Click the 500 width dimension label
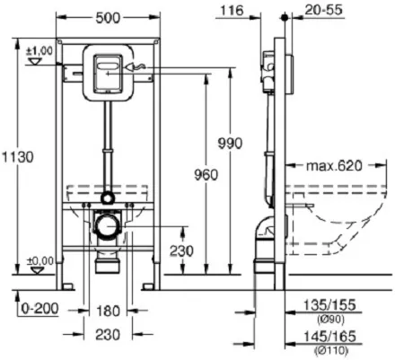108,18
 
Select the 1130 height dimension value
18,157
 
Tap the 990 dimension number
230,144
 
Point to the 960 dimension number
206,175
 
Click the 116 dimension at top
232,11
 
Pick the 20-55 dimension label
323,10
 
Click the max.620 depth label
334,165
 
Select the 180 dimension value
108,312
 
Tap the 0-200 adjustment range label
39,309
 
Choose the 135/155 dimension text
329,305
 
